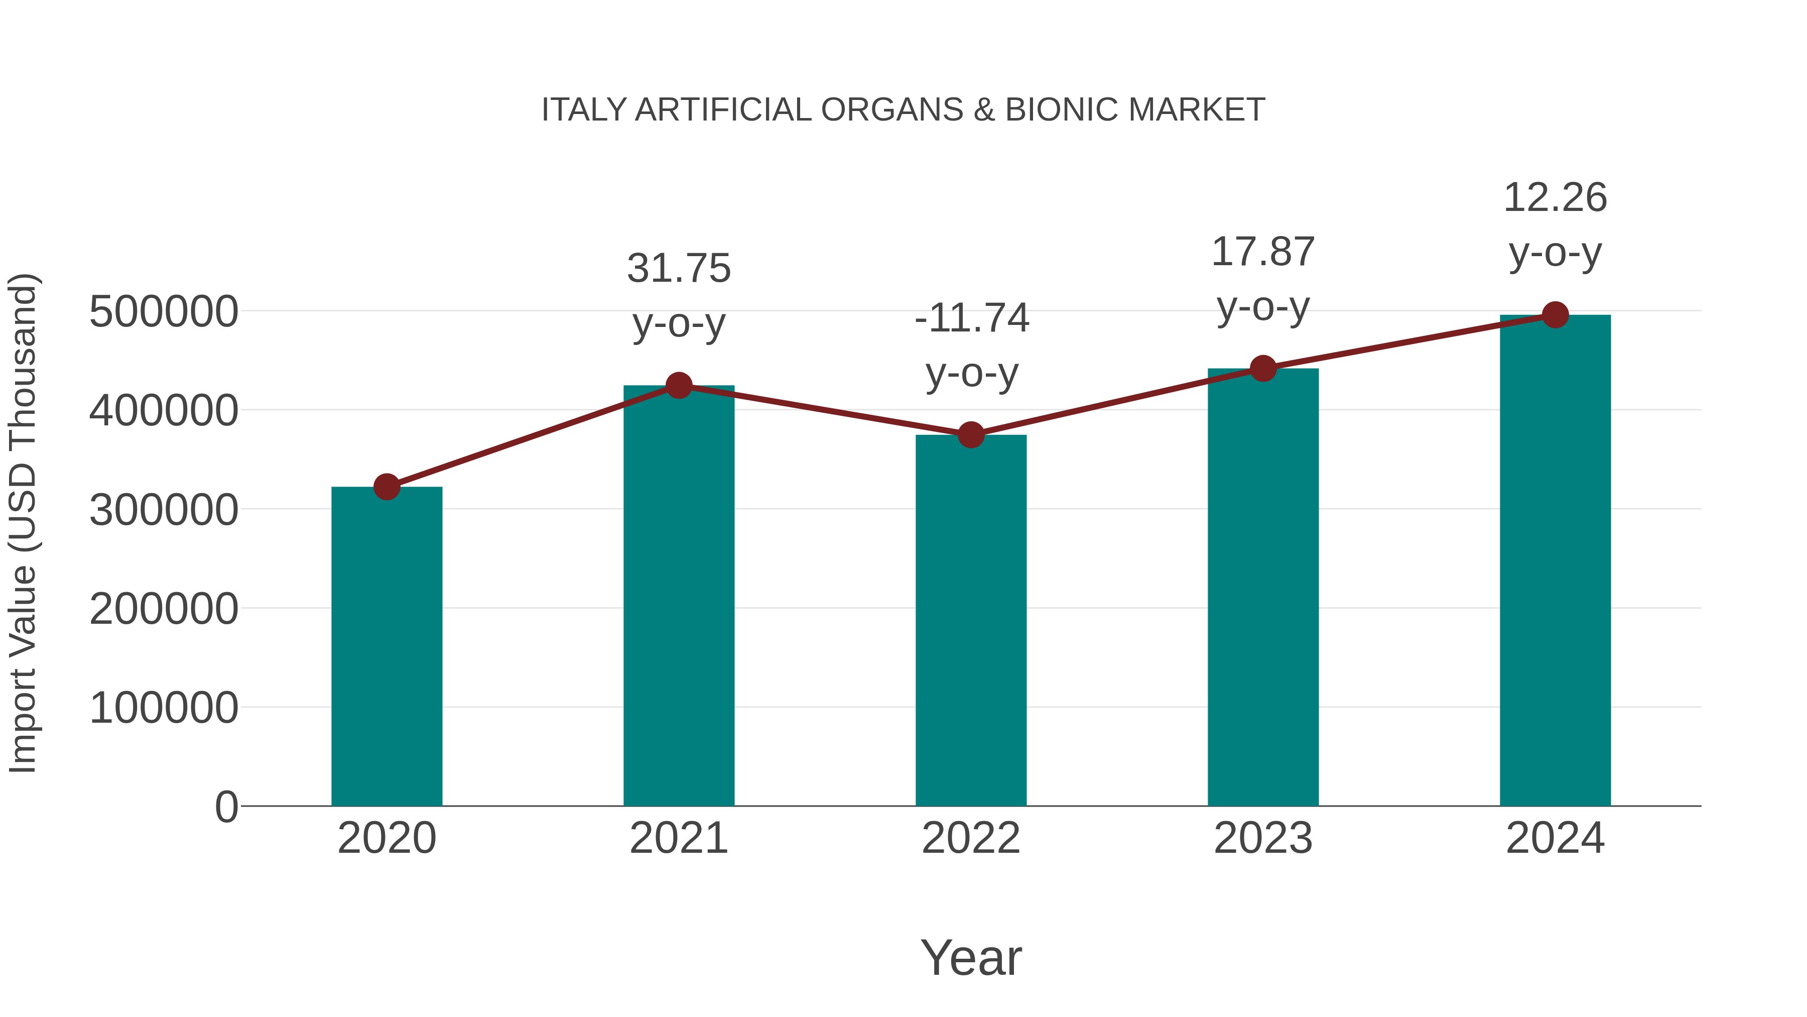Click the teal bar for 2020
[x=386, y=646]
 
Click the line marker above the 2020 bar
[x=386, y=486]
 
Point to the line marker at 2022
[x=971, y=435]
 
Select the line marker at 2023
[x=1263, y=369]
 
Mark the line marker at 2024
[x=1555, y=315]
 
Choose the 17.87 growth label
[x=1263, y=252]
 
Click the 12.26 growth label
[x=1555, y=198]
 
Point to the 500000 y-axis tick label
[x=164, y=311]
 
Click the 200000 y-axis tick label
[x=164, y=609]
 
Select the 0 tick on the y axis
[x=226, y=807]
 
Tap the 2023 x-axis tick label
[x=1263, y=838]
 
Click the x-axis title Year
[x=971, y=957]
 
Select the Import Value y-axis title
[x=23, y=523]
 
